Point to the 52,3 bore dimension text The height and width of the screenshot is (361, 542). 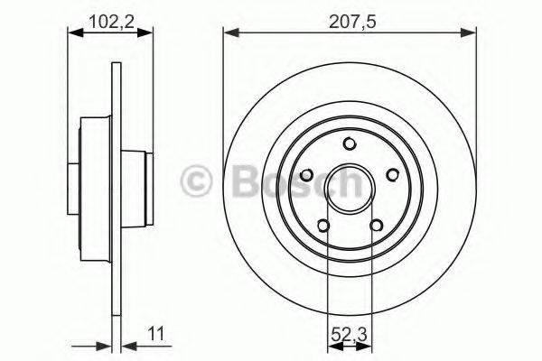click(349, 332)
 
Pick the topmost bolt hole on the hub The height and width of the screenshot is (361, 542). click(350, 143)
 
